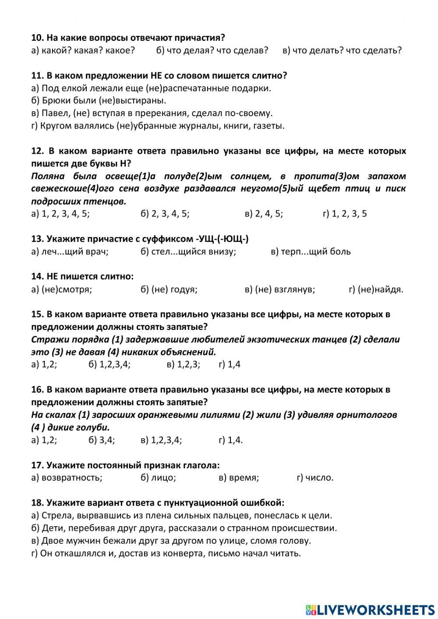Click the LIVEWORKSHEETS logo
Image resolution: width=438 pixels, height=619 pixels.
370,609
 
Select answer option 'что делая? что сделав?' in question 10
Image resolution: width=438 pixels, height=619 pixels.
212,50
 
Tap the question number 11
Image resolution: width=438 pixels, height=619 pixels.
37,75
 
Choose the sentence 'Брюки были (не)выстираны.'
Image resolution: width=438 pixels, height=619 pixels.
99,101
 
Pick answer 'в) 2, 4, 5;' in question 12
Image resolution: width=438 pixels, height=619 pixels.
264,214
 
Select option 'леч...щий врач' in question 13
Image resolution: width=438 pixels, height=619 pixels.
70,251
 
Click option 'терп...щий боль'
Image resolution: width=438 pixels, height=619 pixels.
311,251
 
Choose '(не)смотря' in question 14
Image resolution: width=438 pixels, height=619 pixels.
62,289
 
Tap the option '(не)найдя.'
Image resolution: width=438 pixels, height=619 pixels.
376,289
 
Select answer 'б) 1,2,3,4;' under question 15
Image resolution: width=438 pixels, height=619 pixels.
109,364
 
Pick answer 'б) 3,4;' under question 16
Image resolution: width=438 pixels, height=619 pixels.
102,440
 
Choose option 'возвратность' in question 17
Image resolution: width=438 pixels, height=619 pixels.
67,478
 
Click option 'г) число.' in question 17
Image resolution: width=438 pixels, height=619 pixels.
315,478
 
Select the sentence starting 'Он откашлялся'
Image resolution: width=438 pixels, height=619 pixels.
166,553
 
